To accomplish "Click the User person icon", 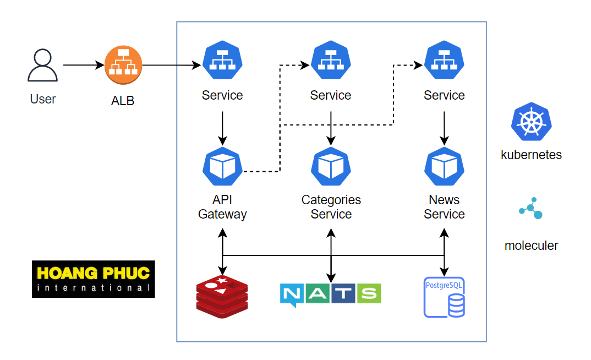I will (x=42, y=66).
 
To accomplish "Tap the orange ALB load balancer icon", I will (x=123, y=66).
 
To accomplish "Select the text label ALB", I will (x=123, y=101).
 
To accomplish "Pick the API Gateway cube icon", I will (x=222, y=166).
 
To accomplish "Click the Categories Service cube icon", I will (x=331, y=166).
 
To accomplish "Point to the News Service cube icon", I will (x=444, y=166).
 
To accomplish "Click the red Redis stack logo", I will (x=222, y=297).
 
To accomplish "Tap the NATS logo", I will (x=330, y=294).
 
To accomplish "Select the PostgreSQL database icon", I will (x=444, y=297).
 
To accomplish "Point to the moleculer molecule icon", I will (x=531, y=209).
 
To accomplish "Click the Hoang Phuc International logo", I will (x=93, y=279).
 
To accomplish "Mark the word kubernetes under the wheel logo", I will (x=531, y=155).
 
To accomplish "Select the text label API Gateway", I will (x=222, y=207).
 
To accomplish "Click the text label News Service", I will (x=444, y=207).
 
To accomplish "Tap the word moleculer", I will (x=531, y=246).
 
